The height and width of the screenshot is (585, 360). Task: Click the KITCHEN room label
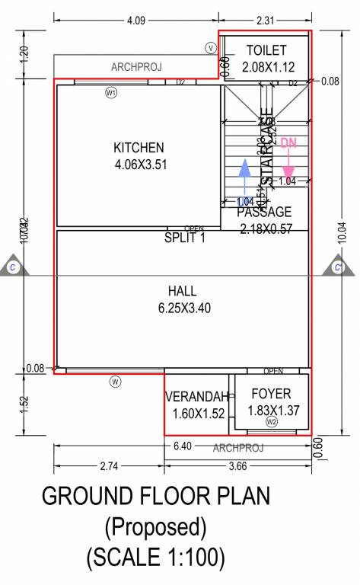[x=139, y=147]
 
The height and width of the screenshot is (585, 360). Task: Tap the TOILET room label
[x=266, y=50]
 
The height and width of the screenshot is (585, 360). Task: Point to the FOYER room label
[x=271, y=395]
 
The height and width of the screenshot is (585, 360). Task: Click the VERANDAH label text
[x=197, y=398]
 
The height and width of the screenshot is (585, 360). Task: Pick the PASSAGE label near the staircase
[x=264, y=212]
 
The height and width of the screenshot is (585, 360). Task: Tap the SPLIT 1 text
[x=185, y=238]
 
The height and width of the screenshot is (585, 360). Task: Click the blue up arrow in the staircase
[x=244, y=178]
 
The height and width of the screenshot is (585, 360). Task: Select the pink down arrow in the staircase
[x=288, y=159]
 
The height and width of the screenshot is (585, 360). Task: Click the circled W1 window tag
[x=111, y=92]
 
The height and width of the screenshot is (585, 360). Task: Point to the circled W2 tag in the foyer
[x=271, y=421]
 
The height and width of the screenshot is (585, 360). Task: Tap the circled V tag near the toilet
[x=211, y=48]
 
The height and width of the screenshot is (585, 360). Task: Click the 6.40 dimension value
[x=183, y=446]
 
